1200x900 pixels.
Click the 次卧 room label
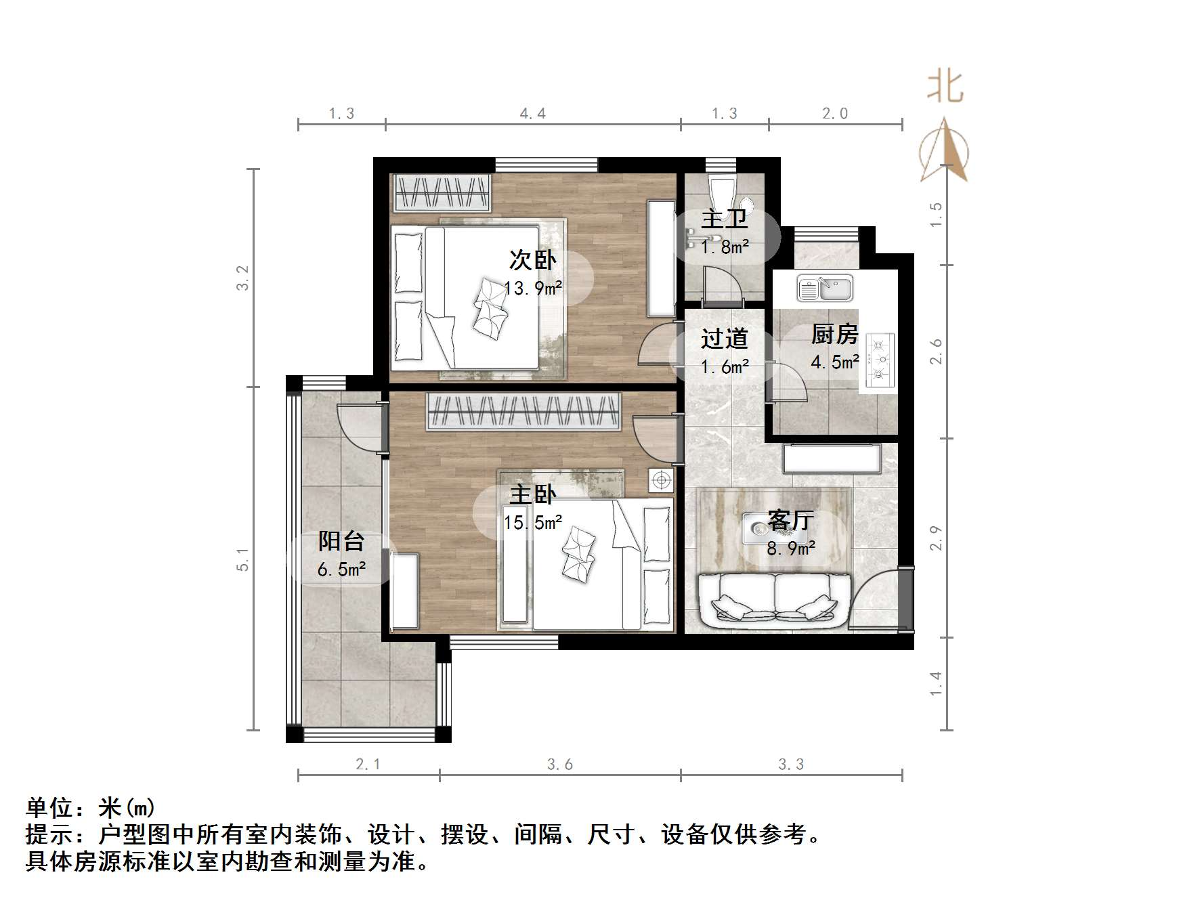[532, 260]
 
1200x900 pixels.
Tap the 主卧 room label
[532, 494]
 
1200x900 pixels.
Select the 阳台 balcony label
[341, 541]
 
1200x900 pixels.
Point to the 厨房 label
[834, 335]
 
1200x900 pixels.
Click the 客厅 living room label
[790, 521]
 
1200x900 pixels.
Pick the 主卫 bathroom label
[724, 219]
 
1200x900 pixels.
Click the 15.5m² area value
[533, 523]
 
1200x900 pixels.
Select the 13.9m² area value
[533, 288]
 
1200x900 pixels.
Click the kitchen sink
[825, 287]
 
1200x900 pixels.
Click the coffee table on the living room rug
[760, 529]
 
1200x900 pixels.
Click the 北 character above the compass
[945, 87]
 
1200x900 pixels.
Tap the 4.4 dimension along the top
[532, 114]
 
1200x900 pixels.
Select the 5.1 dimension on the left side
[243, 559]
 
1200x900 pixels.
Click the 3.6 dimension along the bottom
[559, 765]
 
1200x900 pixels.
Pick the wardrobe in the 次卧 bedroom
[442, 192]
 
